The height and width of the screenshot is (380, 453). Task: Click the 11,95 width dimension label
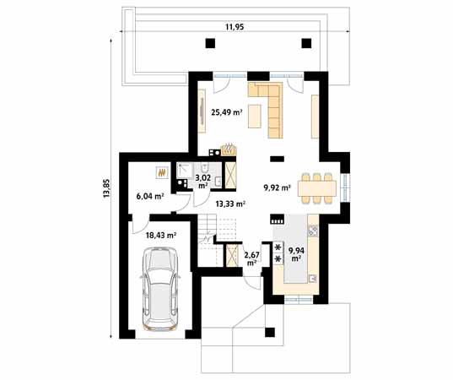235,27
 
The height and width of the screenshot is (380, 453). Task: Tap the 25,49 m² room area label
226,111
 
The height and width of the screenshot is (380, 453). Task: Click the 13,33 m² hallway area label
229,204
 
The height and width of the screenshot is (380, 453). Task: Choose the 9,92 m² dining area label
277,187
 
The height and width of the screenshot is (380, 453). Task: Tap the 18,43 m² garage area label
160,236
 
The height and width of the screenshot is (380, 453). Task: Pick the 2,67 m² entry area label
251,257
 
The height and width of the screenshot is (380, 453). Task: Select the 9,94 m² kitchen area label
296,253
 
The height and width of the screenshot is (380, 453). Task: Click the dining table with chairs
316,187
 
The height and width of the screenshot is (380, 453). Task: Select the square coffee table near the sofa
254,119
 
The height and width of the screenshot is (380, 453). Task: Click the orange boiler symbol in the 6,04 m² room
159,172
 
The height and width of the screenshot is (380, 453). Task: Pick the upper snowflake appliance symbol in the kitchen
278,247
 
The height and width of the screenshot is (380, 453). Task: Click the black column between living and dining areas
277,156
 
